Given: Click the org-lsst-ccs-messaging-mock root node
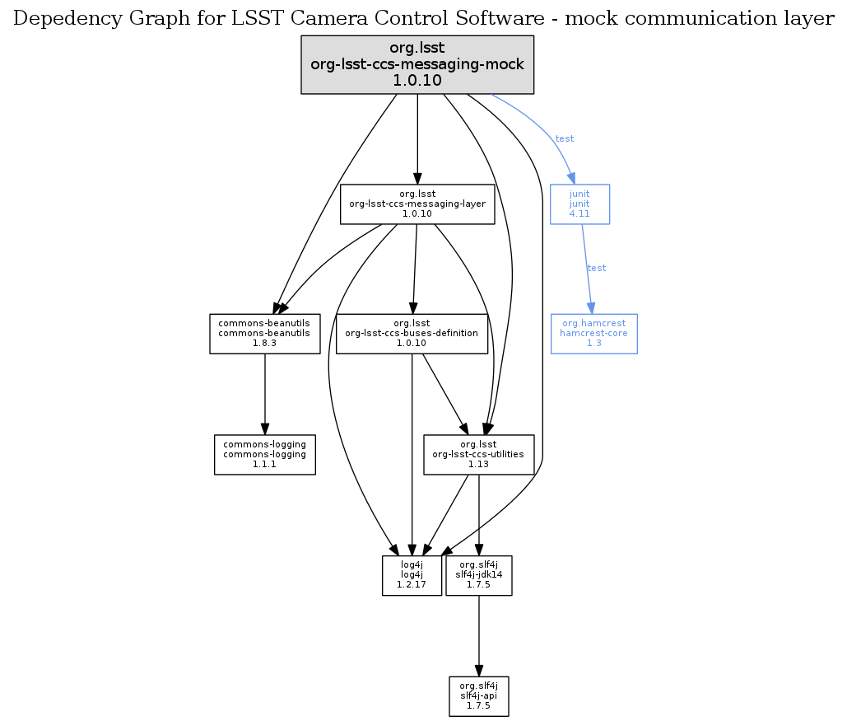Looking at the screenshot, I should pos(417,64).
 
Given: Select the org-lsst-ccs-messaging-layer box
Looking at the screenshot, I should pos(417,204).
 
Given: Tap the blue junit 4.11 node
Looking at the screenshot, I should pos(579,204).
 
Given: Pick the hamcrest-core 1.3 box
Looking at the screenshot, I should pos(593,334).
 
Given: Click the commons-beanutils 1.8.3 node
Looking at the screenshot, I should pos(264,334).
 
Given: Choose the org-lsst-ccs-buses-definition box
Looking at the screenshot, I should pos(412,334).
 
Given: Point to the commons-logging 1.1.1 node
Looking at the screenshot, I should pos(264,454).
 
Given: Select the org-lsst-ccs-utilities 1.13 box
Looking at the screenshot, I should pos(478,454).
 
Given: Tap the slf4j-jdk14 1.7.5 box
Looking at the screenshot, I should pos(478,575).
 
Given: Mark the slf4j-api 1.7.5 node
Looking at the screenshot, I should pos(478,696).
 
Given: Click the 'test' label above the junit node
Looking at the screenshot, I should pos(565,138).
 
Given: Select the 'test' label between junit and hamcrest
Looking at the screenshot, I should pos(596,268).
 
